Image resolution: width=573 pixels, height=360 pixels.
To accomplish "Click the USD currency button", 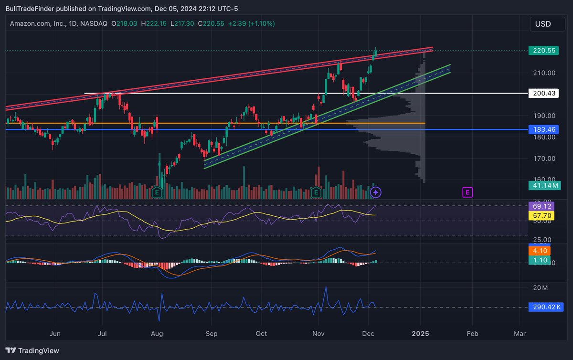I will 543,24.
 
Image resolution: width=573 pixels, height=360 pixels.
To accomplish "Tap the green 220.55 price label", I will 543,51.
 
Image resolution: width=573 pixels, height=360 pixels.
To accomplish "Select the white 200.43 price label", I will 543,94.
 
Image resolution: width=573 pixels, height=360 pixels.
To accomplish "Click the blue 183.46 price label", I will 543,129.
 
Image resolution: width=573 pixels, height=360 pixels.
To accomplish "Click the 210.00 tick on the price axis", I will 544,73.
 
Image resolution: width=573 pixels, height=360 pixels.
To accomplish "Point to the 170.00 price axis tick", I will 544,159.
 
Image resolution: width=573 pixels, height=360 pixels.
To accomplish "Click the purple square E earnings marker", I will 467,192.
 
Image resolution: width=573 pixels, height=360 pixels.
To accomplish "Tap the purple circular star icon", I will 376,192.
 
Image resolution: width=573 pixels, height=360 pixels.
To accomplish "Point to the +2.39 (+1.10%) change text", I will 252,23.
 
